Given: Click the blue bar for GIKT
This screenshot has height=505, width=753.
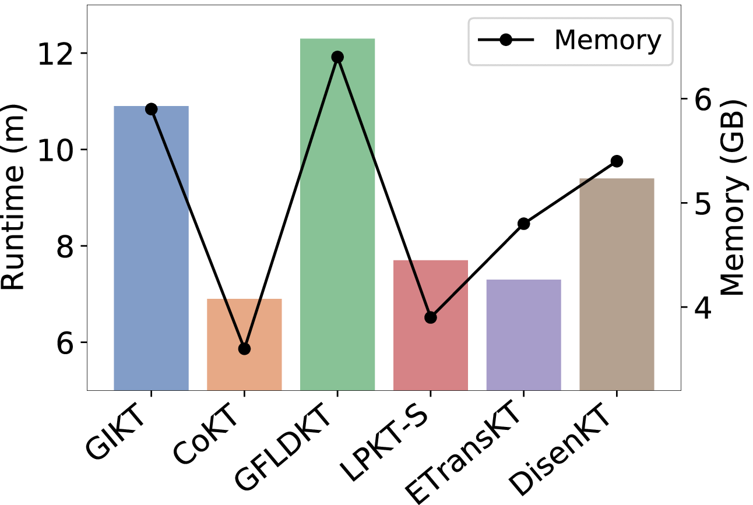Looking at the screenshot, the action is point(152,248).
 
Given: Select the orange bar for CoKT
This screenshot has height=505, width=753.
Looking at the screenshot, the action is point(244,344).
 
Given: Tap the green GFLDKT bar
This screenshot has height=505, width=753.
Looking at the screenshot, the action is point(337,214).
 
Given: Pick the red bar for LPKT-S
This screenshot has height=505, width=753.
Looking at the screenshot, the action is point(431,325).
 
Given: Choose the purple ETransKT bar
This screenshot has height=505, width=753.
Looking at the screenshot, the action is point(524,335).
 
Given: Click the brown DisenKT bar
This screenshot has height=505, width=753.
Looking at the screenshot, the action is point(617,284).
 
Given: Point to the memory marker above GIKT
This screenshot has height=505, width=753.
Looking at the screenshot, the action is point(152,109).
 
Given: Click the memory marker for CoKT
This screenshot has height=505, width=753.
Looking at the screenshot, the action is point(244,349).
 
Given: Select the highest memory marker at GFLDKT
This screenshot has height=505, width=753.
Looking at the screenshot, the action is point(337,57).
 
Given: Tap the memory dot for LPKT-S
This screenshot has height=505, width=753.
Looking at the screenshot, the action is point(431,317).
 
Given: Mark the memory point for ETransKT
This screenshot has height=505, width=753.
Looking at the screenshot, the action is point(524,224).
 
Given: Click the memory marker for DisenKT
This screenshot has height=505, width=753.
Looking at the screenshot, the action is point(617,161).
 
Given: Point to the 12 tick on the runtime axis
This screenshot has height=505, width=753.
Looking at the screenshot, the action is point(55,54).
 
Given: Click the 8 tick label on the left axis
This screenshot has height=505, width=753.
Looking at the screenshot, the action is point(65,246).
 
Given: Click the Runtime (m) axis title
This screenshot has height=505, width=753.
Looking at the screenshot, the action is point(13,197).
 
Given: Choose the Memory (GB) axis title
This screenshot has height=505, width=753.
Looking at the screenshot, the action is point(734,197).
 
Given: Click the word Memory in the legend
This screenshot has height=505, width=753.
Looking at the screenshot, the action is point(608,40).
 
